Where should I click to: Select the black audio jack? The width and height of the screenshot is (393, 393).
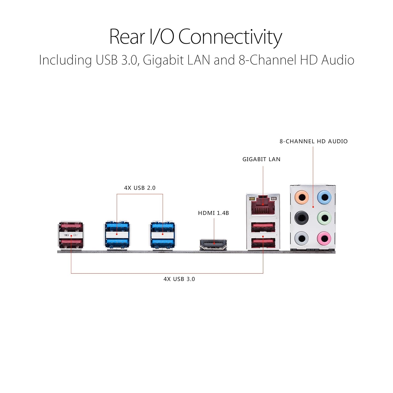pyautogui.click(x=302, y=218)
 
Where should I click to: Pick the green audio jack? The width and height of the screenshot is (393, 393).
pyautogui.click(x=324, y=218)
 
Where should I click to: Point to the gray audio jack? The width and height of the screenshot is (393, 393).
pyautogui.click(x=302, y=238)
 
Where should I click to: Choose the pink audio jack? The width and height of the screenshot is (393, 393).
pyautogui.click(x=324, y=238)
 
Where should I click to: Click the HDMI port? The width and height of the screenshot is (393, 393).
pyautogui.click(x=213, y=244)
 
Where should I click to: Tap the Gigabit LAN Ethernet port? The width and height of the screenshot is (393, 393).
pyautogui.click(x=263, y=205)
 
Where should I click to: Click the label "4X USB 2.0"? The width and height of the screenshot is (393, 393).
pyautogui.click(x=140, y=188)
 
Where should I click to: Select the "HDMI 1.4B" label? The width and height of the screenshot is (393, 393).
pyautogui.click(x=214, y=213)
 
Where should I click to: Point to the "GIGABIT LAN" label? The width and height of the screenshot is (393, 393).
pyautogui.click(x=261, y=159)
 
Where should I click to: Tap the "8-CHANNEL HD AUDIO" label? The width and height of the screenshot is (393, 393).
pyautogui.click(x=314, y=141)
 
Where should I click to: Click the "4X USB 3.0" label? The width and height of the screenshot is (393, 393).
pyautogui.click(x=179, y=279)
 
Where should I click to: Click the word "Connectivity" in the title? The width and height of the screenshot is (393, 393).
pyautogui.click(x=230, y=37)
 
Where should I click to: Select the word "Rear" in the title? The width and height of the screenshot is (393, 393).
pyautogui.click(x=127, y=37)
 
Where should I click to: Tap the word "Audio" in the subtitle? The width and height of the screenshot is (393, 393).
pyautogui.click(x=338, y=60)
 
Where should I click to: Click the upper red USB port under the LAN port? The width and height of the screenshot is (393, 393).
pyautogui.click(x=263, y=227)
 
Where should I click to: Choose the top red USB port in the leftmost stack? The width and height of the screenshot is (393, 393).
pyautogui.click(x=71, y=226)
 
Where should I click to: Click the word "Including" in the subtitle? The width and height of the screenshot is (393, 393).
pyautogui.click(x=65, y=60)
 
